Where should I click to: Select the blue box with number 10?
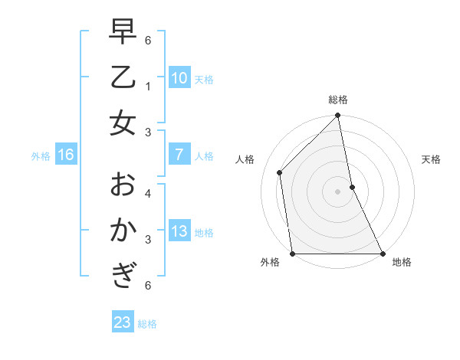click(179, 78)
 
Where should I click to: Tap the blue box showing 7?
click(179, 155)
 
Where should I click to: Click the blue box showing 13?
click(179, 232)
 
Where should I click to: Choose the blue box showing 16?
click(66, 155)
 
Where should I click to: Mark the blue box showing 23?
click(122, 322)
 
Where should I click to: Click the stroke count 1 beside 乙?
click(147, 87)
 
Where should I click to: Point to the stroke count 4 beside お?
click(147, 193)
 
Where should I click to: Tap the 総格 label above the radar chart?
click(338, 100)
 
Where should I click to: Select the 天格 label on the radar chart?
click(431, 159)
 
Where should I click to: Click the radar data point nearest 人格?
click(280, 172)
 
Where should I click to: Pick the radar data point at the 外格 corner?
click(293, 254)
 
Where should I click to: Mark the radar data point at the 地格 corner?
click(382, 254)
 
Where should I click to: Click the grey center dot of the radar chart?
click(337, 191)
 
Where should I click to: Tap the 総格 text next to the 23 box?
click(147, 324)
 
